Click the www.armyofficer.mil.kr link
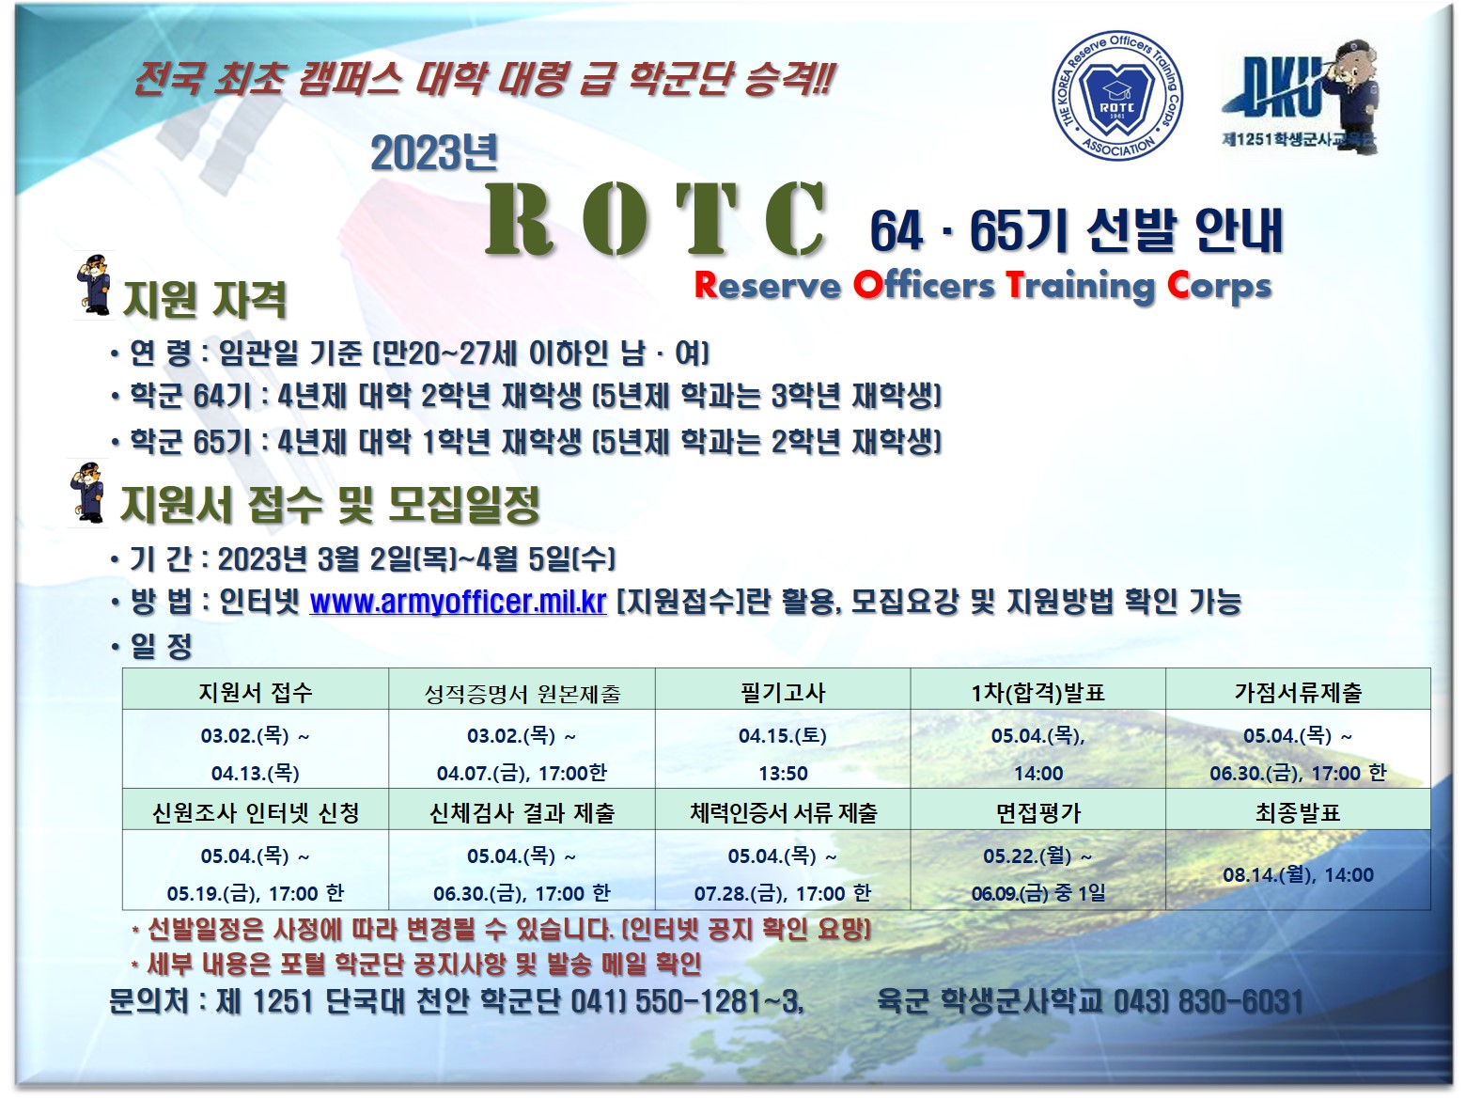(459, 602)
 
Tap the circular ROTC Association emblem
(1117, 96)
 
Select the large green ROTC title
(655, 218)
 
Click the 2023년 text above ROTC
(435, 153)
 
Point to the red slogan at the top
(484, 78)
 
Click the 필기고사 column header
(783, 692)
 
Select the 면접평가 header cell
(1037, 811)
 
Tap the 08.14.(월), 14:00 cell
(1298, 874)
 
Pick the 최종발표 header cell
(1298, 811)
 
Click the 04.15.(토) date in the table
(783, 735)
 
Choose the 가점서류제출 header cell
(1298, 692)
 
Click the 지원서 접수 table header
(256, 692)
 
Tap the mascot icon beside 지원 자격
(95, 285)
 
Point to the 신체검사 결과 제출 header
(522, 811)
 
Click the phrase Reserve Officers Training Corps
(983, 286)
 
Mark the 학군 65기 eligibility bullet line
(526, 442)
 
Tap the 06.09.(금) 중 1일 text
(1037, 893)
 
